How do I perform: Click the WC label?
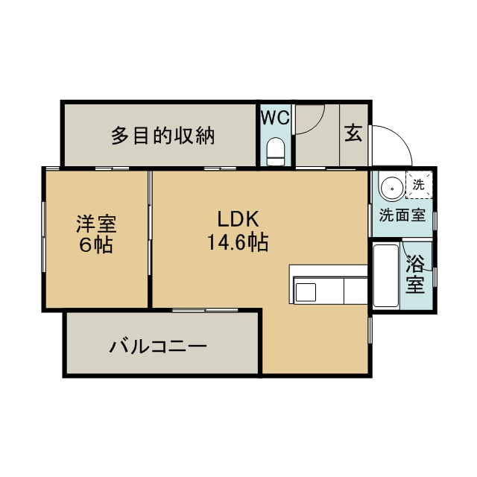(275, 118)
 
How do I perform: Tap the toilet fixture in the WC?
(276, 151)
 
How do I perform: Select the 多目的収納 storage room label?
(162, 136)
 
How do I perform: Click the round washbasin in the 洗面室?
(393, 189)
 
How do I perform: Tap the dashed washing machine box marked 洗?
(419, 185)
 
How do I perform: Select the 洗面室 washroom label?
(402, 215)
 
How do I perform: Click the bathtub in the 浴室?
(386, 276)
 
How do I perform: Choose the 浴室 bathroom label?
(415, 274)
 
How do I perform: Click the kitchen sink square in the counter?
(306, 292)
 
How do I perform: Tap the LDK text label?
(238, 219)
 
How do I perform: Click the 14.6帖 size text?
(238, 241)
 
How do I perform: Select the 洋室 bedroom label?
(96, 224)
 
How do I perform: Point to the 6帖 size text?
(96, 244)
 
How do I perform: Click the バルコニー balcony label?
(158, 347)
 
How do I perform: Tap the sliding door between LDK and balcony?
(205, 310)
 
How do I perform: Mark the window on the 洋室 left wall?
(44, 236)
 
